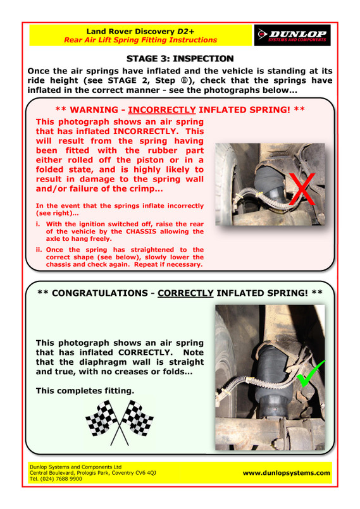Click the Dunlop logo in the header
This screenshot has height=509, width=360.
click(x=292, y=35)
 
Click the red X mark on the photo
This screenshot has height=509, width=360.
click(x=302, y=189)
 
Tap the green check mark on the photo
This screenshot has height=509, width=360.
click(x=311, y=373)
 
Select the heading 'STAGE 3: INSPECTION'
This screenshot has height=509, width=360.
click(x=180, y=58)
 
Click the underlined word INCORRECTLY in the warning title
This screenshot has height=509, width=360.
click(x=162, y=110)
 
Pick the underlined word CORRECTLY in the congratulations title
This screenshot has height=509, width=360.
click(x=185, y=293)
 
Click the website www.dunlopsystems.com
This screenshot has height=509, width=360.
click(x=286, y=473)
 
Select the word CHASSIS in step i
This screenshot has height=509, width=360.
click(x=141, y=231)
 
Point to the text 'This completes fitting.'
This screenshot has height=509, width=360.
click(x=85, y=391)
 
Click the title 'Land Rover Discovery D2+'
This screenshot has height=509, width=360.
click(x=140, y=32)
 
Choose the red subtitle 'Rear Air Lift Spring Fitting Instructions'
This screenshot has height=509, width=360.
click(x=140, y=40)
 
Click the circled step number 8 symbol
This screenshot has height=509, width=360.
click(x=185, y=80)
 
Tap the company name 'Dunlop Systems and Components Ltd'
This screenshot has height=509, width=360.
click(x=76, y=467)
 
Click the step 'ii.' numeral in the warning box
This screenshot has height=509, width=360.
click(x=39, y=250)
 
